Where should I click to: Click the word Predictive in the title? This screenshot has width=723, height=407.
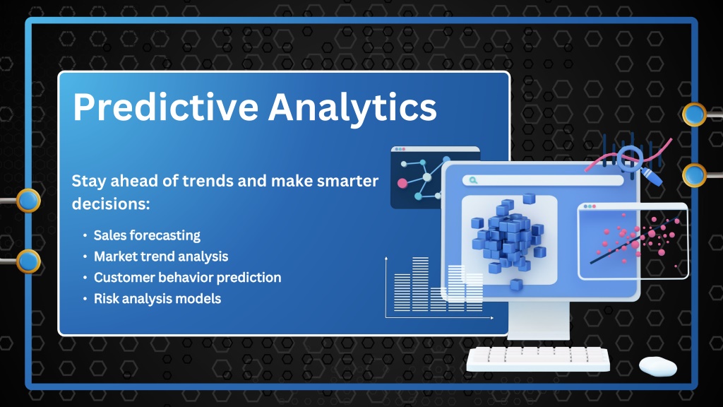(165, 107)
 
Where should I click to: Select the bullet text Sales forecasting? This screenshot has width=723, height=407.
(147, 235)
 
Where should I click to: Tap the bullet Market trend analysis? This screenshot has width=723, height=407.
(161, 256)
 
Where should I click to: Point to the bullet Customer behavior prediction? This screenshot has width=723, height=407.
(187, 277)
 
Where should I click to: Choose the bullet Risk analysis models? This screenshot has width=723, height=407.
(157, 299)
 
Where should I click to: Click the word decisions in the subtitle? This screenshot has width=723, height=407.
(111, 203)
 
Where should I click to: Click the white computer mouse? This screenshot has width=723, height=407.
(657, 367)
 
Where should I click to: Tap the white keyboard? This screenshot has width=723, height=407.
(538, 359)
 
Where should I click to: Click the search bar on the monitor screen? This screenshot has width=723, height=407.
(543, 180)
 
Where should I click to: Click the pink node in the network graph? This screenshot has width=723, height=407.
(402, 183)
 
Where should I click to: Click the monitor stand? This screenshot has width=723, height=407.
(539, 321)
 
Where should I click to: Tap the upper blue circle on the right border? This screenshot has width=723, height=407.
(694, 114)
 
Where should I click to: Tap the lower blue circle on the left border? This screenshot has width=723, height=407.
(28, 261)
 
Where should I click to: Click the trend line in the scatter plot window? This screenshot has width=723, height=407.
(634, 240)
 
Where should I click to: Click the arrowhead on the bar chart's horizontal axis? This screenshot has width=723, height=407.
(492, 318)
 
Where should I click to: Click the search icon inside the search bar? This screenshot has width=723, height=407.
(473, 180)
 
